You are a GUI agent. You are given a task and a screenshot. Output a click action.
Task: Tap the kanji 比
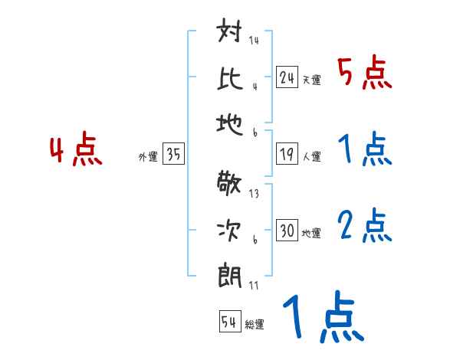[231, 77]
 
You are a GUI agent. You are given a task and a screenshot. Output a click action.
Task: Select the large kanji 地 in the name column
[231, 120]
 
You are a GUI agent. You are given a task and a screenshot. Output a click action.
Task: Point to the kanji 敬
[231, 186]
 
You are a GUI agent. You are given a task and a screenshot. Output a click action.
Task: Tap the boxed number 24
[287, 77]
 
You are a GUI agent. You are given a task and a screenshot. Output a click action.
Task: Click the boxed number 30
[287, 230]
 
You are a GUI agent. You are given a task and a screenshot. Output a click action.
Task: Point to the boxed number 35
[173, 155]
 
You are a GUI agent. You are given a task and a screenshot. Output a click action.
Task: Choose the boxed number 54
[229, 322]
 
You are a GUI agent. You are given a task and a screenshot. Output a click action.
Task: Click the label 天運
[311, 80]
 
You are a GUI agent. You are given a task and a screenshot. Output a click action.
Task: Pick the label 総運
[254, 324]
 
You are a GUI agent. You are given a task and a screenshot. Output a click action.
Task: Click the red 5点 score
[365, 74]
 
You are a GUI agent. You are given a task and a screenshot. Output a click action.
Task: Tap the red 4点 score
[75, 151]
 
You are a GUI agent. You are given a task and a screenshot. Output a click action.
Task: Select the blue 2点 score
[365, 225]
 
